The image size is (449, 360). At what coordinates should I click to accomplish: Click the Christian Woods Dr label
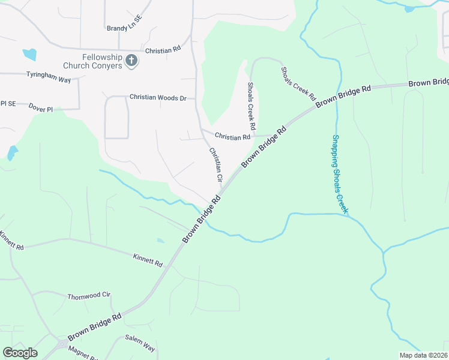pyautogui.click(x=158, y=97)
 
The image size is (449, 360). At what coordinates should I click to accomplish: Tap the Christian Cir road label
pyautogui.click(x=215, y=165)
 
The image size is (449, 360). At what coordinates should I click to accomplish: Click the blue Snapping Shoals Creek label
pyautogui.click(x=340, y=174)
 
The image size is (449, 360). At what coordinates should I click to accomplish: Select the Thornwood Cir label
pyautogui.click(x=89, y=296)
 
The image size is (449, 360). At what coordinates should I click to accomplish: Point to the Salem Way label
pyautogui.click(x=140, y=344)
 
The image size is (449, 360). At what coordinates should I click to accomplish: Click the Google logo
pyautogui.click(x=20, y=353)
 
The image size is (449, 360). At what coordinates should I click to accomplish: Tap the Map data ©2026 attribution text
pyautogui.click(x=423, y=355)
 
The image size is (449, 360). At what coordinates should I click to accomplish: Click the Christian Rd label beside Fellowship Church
pyautogui.click(x=163, y=50)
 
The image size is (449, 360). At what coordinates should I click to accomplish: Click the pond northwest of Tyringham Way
pyautogui.click(x=29, y=55)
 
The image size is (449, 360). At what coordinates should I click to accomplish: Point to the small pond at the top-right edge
pyautogui.click(x=410, y=8)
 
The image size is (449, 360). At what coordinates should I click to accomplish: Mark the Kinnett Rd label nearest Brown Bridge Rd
pyautogui.click(x=147, y=260)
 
